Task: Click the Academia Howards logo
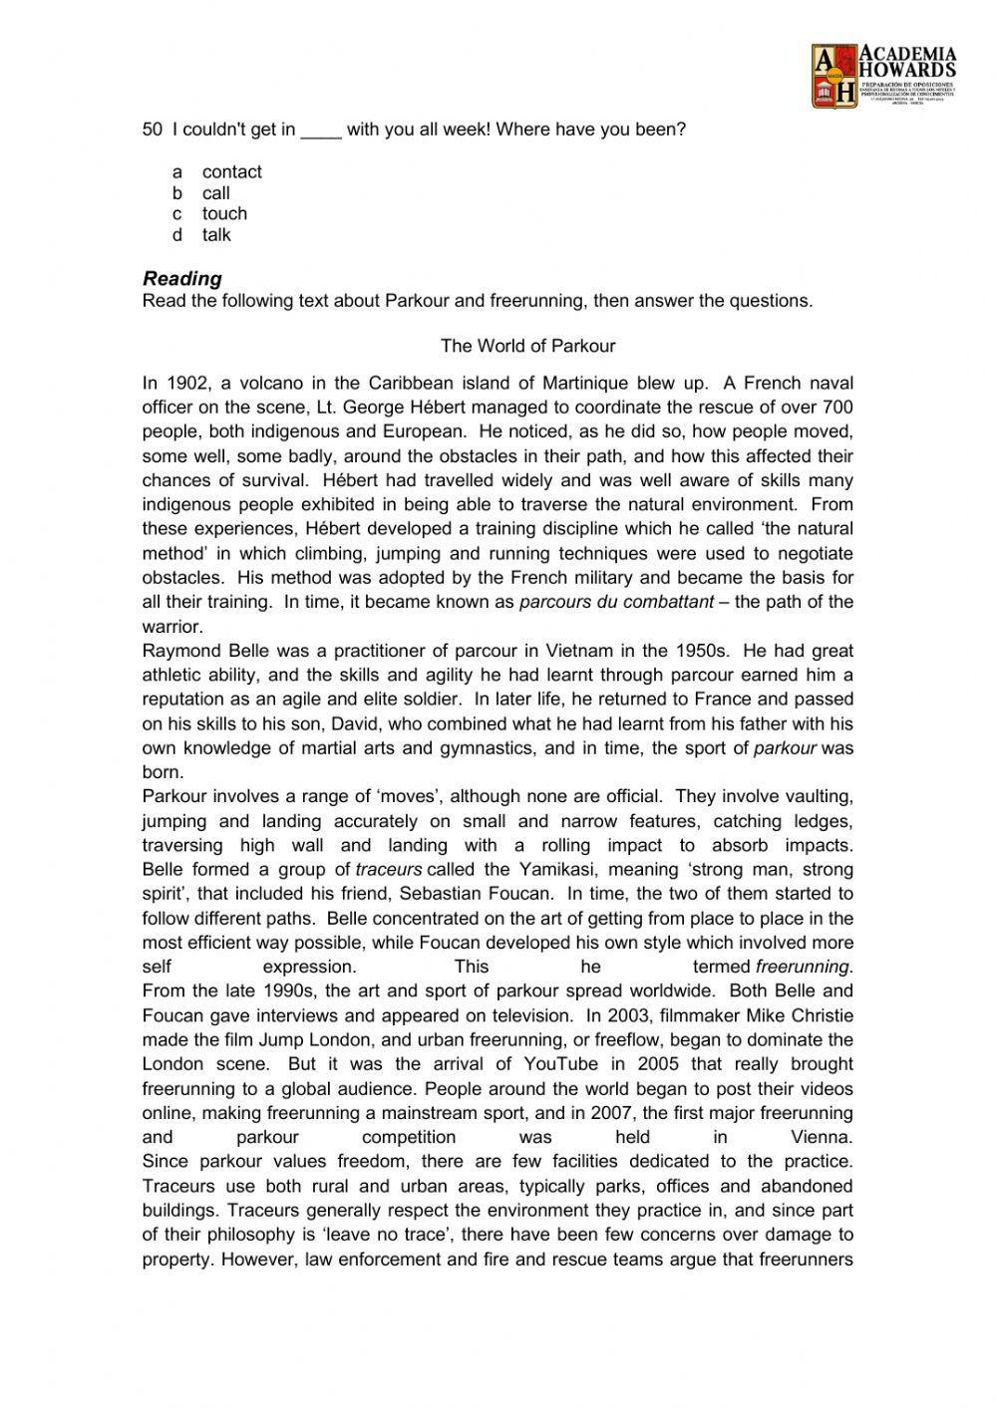pyautogui.click(x=883, y=76)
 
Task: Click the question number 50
pyautogui.click(x=153, y=130)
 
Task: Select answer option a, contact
pyautogui.click(x=231, y=172)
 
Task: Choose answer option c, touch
pyautogui.click(x=224, y=214)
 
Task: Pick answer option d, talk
pyautogui.click(x=216, y=235)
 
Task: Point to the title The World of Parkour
pyautogui.click(x=527, y=347)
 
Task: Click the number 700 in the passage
pyautogui.click(x=837, y=408)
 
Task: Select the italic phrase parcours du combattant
pyautogui.click(x=616, y=602)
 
